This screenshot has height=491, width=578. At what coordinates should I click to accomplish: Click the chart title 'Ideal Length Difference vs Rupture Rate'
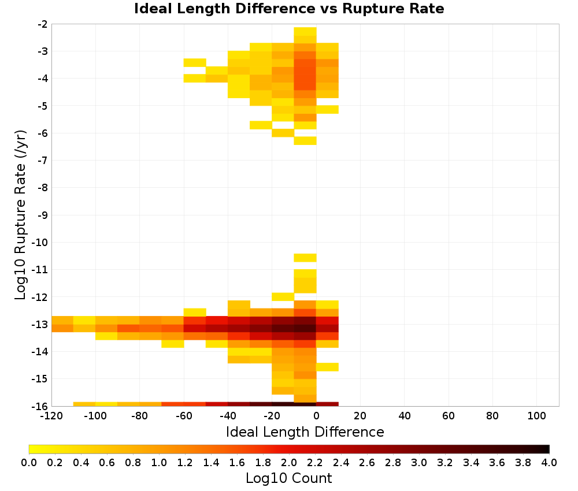[x=289, y=9]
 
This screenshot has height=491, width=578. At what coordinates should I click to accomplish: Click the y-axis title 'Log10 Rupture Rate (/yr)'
[x=21, y=215]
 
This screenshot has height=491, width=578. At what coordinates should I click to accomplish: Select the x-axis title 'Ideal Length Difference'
[x=305, y=432]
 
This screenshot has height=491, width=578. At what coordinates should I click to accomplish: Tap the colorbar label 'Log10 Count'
[x=288, y=478]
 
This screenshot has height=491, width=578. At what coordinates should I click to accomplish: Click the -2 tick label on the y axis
[x=43, y=24]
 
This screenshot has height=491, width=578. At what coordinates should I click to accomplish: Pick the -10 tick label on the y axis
[x=40, y=243]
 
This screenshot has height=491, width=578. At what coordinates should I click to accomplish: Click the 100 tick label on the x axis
[x=537, y=416]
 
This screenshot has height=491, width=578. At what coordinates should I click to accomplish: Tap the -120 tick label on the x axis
[x=51, y=416]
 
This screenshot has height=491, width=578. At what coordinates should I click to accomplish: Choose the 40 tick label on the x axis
[x=405, y=416]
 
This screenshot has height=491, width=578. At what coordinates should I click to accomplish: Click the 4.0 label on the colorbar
[x=549, y=462]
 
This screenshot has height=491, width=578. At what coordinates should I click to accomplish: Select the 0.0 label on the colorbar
[x=29, y=462]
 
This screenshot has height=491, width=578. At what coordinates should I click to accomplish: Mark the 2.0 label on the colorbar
[x=289, y=462]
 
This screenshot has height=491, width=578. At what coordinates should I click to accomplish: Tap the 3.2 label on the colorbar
[x=445, y=462]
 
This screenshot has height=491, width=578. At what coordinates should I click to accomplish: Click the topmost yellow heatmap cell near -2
[x=305, y=31]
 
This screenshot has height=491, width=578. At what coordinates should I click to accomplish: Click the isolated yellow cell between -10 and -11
[x=305, y=258]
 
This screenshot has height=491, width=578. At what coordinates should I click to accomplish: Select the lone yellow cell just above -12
[x=283, y=296]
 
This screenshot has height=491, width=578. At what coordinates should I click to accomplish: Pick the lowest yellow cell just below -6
[x=305, y=140]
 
